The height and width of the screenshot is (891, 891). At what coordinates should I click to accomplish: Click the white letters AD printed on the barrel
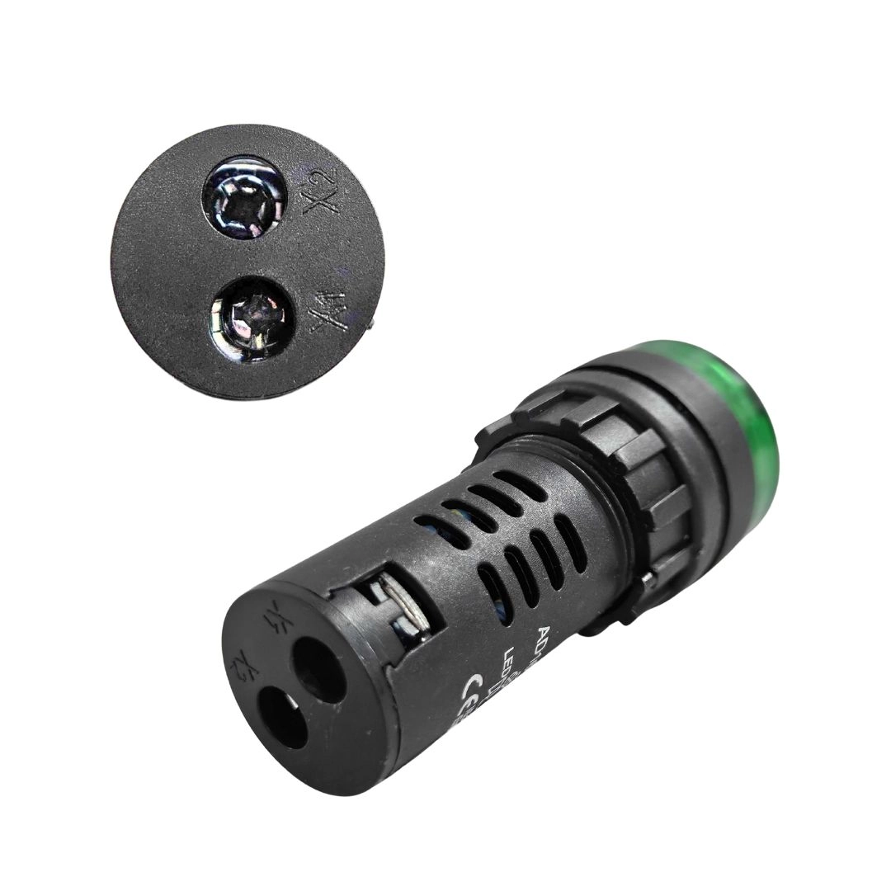tap(546, 636)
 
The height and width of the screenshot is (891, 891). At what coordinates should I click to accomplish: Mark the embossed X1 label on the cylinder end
tap(270, 620)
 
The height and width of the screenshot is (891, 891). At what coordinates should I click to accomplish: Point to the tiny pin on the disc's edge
tap(374, 325)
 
